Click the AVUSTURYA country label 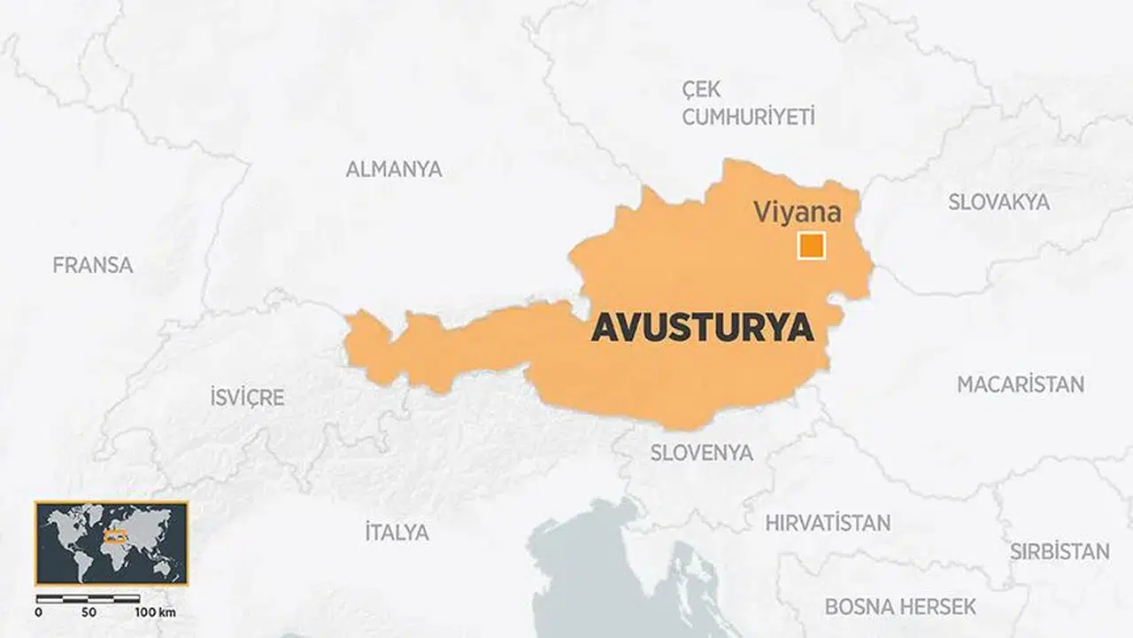tap(702, 328)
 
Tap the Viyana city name tap(797, 213)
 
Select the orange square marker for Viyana tap(811, 245)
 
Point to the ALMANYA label tap(394, 169)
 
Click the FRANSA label tap(93, 265)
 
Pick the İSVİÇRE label tap(247, 397)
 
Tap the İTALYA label tap(397, 533)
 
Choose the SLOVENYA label tap(702, 453)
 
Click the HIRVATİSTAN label tap(828, 523)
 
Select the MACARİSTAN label tap(1021, 385)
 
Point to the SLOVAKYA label tap(999, 202)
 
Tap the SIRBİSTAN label tap(1060, 551)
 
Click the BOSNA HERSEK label tap(900, 607)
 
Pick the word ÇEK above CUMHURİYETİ tap(702, 89)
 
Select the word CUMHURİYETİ tap(748, 117)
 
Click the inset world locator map tap(112, 542)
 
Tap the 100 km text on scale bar tap(156, 613)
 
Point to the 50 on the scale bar tap(89, 613)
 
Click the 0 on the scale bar tap(38, 613)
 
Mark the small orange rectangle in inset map tap(113, 535)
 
